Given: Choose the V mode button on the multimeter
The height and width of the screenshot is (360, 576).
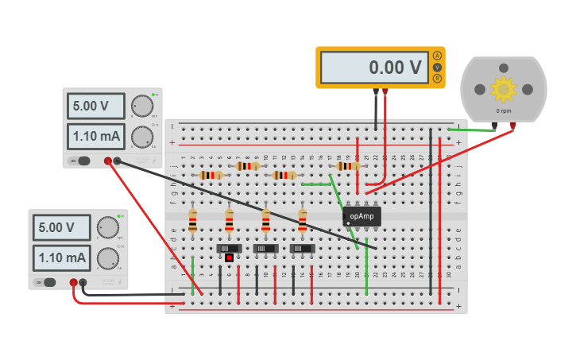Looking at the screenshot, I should click(x=437, y=68).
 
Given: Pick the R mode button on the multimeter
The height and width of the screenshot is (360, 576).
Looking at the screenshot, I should click(x=437, y=79).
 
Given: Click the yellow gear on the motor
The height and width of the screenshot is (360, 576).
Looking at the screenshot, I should click(x=504, y=89).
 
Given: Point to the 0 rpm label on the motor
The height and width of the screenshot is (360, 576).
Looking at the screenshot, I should click(x=503, y=111).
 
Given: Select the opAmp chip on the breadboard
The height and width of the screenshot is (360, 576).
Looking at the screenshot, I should click(x=362, y=216).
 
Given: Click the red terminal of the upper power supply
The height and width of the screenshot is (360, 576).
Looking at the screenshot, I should click(x=107, y=161).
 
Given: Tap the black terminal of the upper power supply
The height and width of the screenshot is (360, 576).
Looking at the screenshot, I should click(x=117, y=161).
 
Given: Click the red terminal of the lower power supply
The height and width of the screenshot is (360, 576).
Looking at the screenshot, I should click(x=73, y=282).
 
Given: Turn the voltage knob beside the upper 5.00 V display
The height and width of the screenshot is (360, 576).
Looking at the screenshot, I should click(x=141, y=106).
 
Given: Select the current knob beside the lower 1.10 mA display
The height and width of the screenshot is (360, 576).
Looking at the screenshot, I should click(x=108, y=257).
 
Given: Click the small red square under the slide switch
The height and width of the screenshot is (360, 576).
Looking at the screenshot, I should click(x=230, y=257).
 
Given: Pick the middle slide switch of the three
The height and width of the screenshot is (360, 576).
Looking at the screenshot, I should click(x=265, y=249).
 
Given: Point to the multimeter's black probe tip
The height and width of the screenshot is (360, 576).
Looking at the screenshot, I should click(x=376, y=92).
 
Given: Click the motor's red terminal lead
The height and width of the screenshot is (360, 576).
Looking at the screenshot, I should click(x=512, y=126).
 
